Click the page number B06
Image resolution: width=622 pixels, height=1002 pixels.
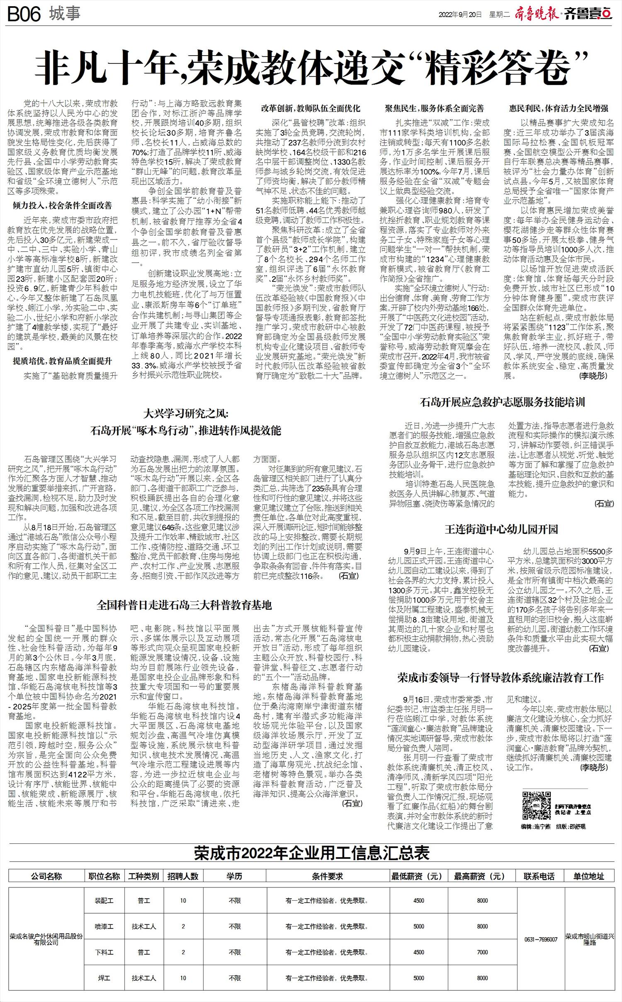(24, 15)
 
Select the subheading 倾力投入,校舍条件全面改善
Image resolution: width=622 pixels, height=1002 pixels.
(62, 205)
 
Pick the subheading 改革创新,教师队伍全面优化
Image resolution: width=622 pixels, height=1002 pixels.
(311, 109)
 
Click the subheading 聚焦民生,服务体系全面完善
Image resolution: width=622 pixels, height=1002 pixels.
(434, 109)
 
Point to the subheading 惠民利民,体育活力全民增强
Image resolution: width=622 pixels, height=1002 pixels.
(559, 109)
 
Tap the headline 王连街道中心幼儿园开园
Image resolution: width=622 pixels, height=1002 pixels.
(501, 529)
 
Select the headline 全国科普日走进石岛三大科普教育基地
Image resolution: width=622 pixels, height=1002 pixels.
(184, 605)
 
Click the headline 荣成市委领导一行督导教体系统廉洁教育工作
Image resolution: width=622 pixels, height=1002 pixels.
(501, 678)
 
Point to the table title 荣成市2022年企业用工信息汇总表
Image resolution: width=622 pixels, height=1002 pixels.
(311, 854)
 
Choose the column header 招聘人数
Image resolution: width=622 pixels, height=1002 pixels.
(183, 876)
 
